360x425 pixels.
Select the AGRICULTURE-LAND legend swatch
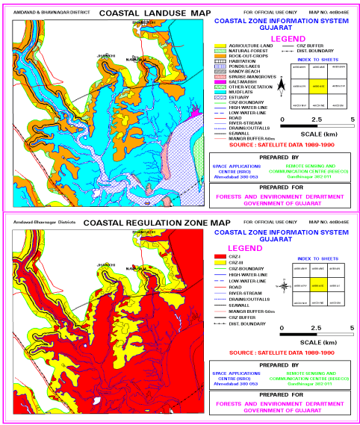[218, 46]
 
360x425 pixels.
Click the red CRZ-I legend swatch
[218, 257]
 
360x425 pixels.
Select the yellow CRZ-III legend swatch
[218, 263]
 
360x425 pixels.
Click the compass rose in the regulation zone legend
[285, 285]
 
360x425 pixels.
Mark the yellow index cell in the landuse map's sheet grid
[317, 87]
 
